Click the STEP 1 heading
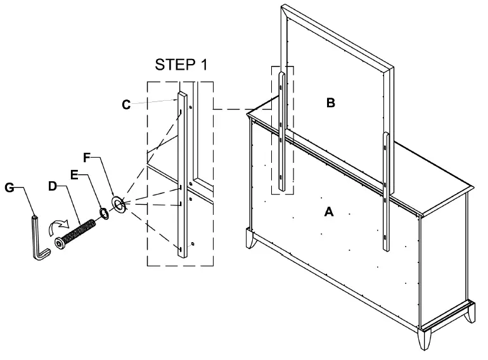181,65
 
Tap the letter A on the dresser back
329,212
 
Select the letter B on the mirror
331,103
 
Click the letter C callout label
126,105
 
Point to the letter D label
53,186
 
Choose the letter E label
74,175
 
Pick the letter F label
87,158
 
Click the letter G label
10,188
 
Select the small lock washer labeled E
104,214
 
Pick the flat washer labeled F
119,204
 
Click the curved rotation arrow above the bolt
57,224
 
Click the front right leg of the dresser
425,339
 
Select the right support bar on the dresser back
386,191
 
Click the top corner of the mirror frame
283,5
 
